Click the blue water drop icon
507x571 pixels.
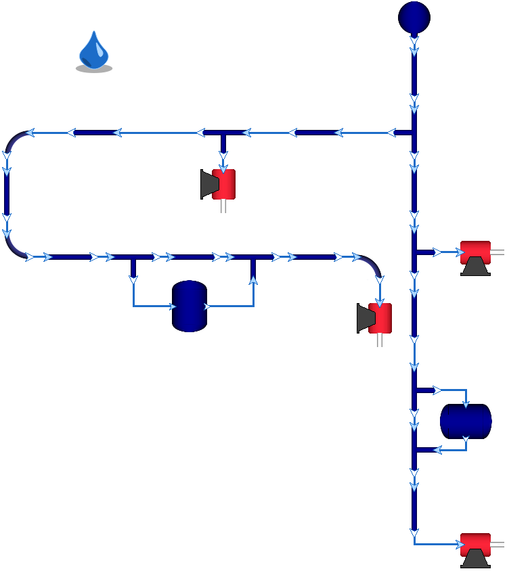pyautogui.click(x=94, y=49)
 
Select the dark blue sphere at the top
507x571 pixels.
pyautogui.click(x=414, y=17)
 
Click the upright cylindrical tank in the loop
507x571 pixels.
pyautogui.click(x=189, y=306)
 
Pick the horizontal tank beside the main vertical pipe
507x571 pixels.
pyautogui.click(x=466, y=421)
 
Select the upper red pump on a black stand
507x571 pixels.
pyautogui.click(x=475, y=252)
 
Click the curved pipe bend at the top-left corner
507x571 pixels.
pyautogui.click(x=15, y=139)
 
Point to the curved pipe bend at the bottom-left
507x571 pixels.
pyautogui.click(x=14, y=248)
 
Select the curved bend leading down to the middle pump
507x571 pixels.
pyautogui.click(x=372, y=265)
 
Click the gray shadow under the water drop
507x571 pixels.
pyautogui.click(x=94, y=68)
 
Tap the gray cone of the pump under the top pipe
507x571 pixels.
pyautogui.click(x=206, y=184)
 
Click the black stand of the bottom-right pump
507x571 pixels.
pyautogui.click(x=475, y=559)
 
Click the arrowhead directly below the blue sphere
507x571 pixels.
pyautogui.click(x=414, y=44)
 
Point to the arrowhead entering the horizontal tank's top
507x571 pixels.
pyautogui.click(x=466, y=404)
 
